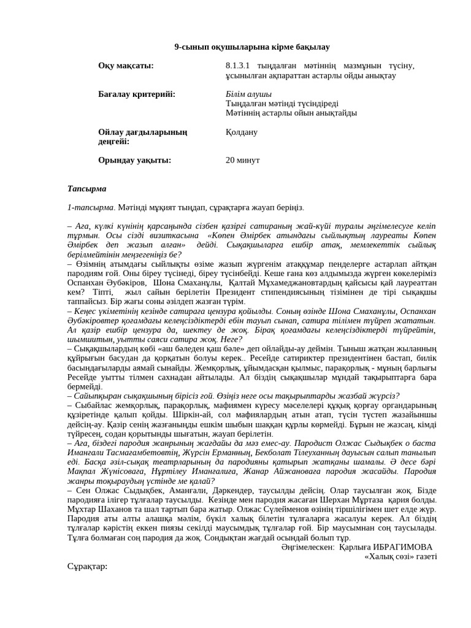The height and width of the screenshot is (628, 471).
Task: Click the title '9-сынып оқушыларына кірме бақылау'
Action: [x=252, y=47]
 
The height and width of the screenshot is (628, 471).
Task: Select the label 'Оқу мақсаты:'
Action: [x=126, y=66]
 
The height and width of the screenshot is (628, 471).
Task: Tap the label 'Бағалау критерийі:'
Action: [x=137, y=94]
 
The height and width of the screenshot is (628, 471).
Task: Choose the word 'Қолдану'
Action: [x=242, y=132]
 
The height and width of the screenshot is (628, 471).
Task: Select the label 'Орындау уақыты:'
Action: [x=134, y=160]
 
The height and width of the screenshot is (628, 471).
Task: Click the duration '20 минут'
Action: [x=243, y=160]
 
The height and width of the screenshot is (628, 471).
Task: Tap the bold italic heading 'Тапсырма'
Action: [x=86, y=188]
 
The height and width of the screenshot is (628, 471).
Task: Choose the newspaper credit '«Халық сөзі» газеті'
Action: [x=400, y=556]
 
